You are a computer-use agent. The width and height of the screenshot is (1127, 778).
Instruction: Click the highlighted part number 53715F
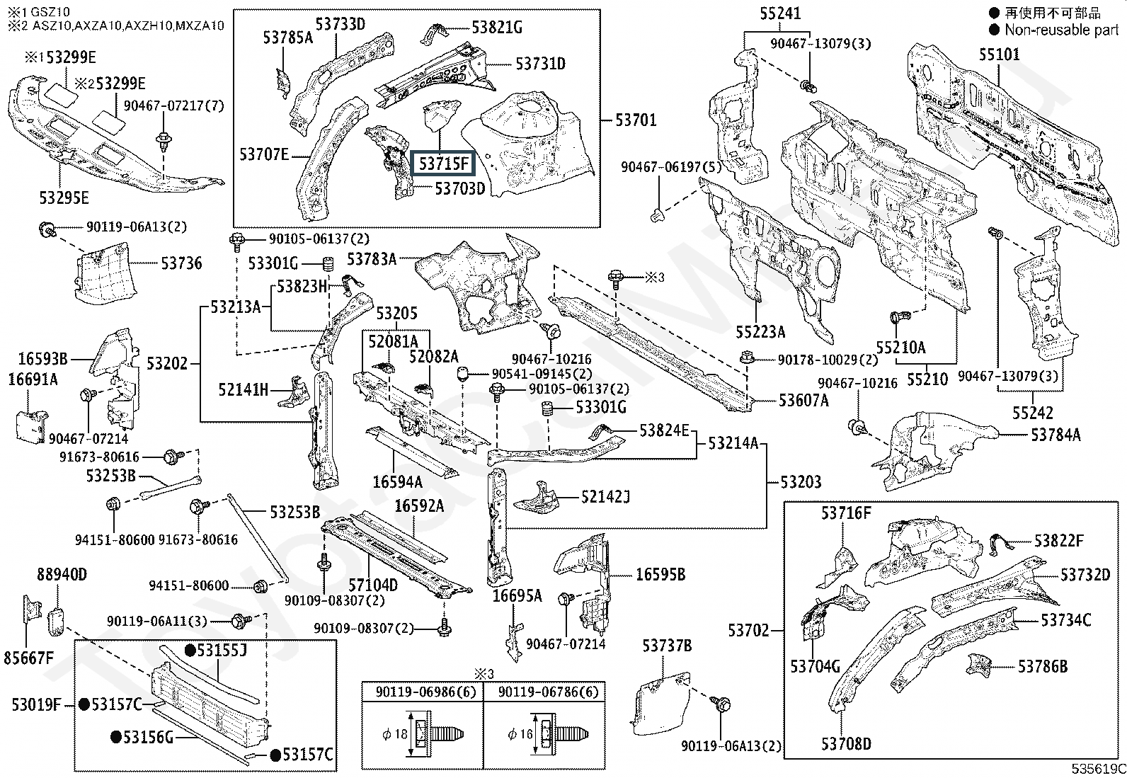coord(443,164)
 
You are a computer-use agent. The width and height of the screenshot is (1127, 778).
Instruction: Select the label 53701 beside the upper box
coord(636,120)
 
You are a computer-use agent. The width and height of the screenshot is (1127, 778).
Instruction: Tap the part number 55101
coord(1000,55)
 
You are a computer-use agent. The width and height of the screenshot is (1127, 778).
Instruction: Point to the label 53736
coord(181,263)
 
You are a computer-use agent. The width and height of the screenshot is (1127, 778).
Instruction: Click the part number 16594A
coord(398,482)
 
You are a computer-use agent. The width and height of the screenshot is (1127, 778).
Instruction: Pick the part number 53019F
coord(36,704)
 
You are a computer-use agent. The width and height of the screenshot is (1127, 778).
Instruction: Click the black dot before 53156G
coord(116,737)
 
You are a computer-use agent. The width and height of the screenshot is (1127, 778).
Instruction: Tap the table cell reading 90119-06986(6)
coord(422,692)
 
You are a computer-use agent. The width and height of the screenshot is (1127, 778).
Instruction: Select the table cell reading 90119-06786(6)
coord(544,692)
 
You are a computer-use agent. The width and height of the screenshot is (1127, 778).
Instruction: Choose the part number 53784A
coord(1056,435)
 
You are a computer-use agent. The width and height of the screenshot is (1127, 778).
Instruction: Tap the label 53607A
coord(803,401)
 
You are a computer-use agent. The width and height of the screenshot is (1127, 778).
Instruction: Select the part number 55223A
coord(760,331)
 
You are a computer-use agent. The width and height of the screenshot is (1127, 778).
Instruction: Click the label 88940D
coord(62,574)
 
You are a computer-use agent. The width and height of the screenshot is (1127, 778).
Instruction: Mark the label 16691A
coord(33,379)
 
